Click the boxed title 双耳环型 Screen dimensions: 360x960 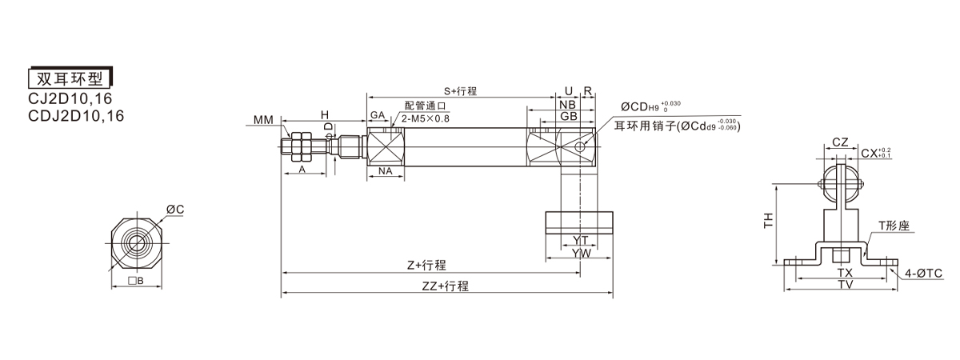point(70,78)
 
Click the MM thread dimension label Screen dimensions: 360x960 point(262,120)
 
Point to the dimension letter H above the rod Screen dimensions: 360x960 point(325,115)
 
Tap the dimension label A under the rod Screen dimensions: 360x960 point(302,170)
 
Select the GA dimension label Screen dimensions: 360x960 point(378,116)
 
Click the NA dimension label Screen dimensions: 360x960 point(385,170)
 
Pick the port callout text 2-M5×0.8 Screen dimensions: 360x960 point(426,118)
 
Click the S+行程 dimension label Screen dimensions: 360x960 point(460,91)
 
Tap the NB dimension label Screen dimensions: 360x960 point(567,105)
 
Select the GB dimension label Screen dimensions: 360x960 point(569,117)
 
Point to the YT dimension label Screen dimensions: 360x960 point(581,240)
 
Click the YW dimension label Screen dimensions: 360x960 point(582,253)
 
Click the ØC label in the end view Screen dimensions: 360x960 point(175,210)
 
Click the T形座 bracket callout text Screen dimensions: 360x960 point(894,226)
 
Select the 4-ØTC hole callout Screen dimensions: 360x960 point(924,274)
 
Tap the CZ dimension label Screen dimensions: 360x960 point(839,142)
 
